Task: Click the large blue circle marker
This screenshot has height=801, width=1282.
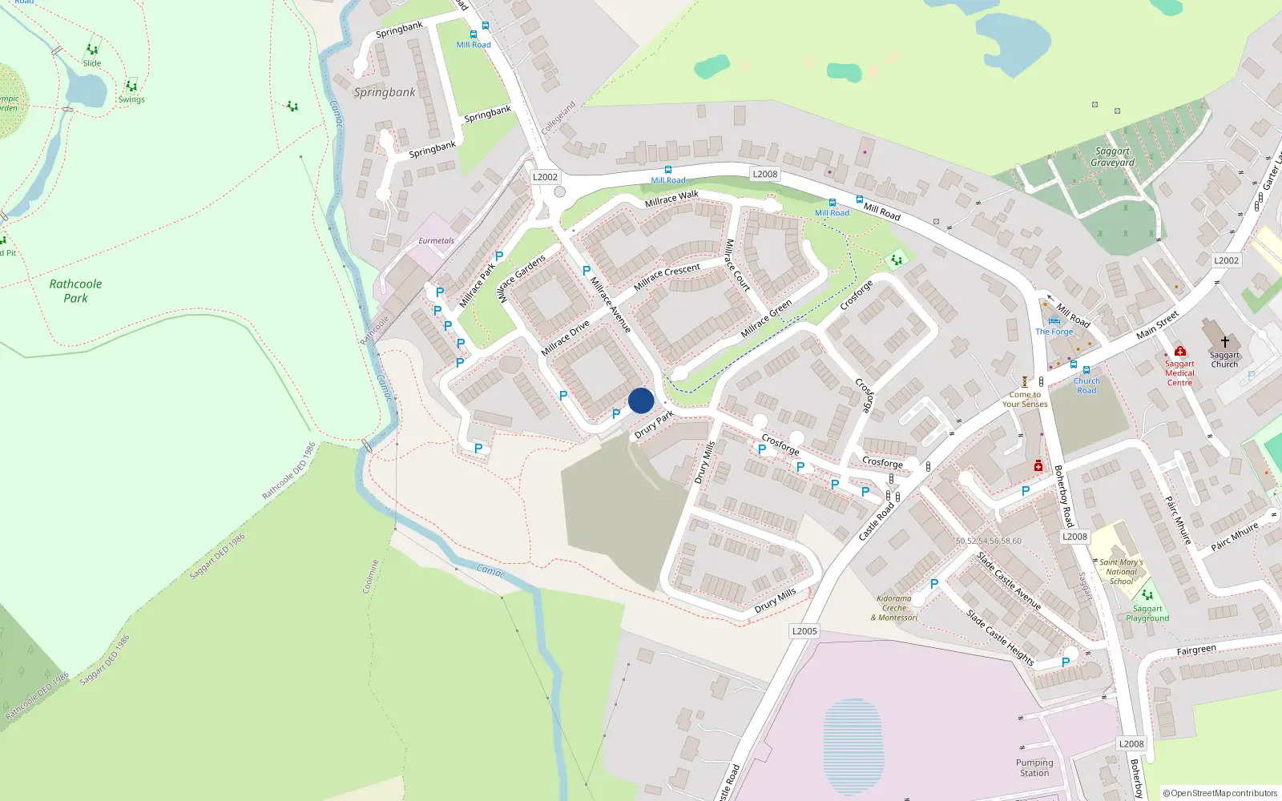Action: click(641, 400)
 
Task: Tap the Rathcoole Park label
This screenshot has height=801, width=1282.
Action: click(75, 291)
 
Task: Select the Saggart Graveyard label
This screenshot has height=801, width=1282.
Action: click(1112, 157)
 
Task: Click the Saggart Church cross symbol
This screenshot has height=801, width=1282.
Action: click(1224, 342)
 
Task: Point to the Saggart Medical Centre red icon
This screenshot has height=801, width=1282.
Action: click(1179, 351)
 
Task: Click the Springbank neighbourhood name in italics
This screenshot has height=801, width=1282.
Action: click(385, 92)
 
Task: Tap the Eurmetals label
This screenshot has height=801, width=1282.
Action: click(436, 240)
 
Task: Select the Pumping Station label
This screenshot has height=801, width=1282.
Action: click(1034, 767)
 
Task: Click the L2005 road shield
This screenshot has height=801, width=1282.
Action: click(804, 631)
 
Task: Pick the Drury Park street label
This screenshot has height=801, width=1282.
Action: click(655, 425)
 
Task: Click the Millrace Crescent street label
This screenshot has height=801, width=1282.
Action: click(667, 276)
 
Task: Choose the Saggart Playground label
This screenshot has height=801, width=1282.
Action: click(1147, 614)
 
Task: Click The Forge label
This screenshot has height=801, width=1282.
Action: click(1054, 332)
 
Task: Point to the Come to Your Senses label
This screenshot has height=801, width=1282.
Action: click(1025, 399)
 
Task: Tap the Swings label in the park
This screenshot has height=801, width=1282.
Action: click(131, 100)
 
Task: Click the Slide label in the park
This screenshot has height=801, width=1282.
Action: click(92, 63)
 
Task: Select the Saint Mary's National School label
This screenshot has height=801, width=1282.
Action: click(1121, 572)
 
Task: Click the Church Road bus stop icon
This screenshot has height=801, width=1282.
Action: click(1086, 370)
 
